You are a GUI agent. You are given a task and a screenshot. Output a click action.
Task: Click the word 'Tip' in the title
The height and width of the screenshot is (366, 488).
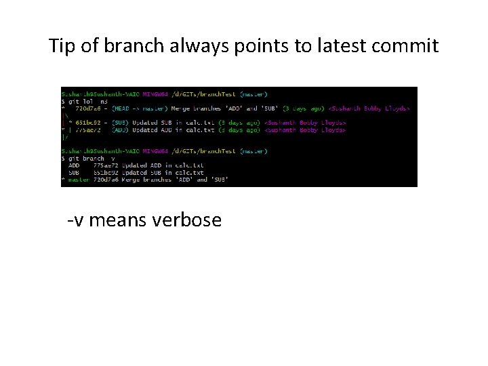[x=62, y=46]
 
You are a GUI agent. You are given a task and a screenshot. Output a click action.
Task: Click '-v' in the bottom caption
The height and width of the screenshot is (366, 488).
[x=75, y=220]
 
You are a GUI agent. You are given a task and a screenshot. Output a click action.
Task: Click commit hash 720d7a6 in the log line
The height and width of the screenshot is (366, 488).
[x=89, y=108]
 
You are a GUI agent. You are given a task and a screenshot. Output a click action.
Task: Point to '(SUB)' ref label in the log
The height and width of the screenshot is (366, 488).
[x=120, y=123]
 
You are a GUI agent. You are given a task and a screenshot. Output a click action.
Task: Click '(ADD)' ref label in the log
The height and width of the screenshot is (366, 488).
[x=120, y=129]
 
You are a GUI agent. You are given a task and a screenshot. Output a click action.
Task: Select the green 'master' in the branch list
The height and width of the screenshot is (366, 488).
[x=79, y=180]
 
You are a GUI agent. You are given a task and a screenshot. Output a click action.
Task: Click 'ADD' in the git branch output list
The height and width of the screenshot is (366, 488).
[x=74, y=165]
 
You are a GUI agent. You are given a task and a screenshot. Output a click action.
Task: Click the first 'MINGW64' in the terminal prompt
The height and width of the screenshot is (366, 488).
[x=156, y=94]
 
